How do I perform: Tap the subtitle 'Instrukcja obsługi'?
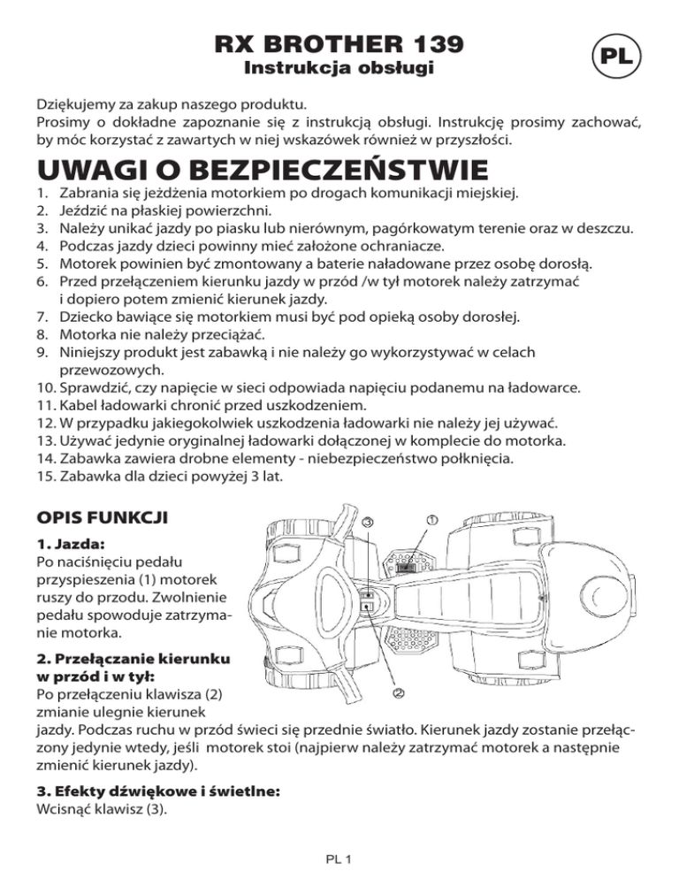(x=339, y=69)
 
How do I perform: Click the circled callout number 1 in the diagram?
(x=431, y=522)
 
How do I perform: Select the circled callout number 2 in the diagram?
(x=399, y=693)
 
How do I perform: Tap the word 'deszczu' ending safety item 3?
(x=605, y=229)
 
